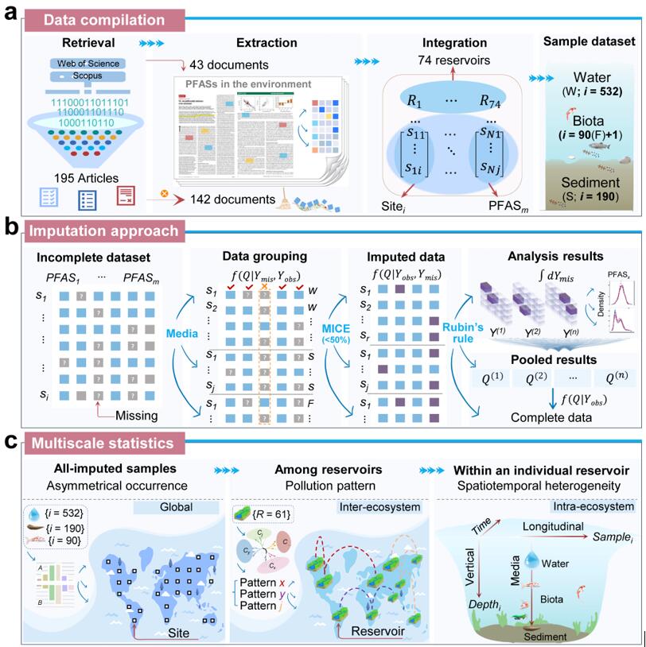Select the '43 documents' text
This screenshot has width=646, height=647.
pyautogui.click(x=230, y=64)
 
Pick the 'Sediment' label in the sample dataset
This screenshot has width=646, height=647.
pyautogui.click(x=593, y=180)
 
